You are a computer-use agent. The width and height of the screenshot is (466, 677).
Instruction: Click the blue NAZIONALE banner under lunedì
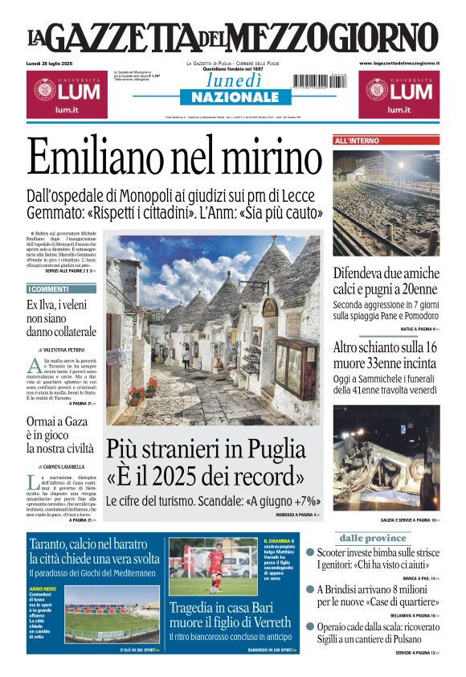coord(230,96)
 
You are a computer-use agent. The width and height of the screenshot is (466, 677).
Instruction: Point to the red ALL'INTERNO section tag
coord(357,141)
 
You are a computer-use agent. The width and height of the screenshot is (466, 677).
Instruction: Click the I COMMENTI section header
coord(50,289)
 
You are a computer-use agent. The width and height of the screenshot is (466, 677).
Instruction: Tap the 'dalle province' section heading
coord(373,538)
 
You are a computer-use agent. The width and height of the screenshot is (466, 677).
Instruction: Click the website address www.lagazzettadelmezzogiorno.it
coord(399,63)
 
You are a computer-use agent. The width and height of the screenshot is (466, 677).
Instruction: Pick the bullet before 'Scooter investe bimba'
coord(310,554)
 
